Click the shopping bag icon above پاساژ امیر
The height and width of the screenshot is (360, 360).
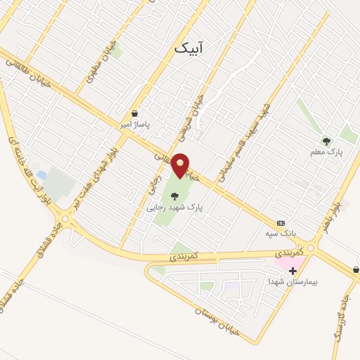tap(134, 113)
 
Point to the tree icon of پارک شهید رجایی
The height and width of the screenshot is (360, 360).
tap(174, 196)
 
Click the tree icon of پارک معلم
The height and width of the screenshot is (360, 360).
tap(326, 141)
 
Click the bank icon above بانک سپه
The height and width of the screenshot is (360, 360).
tap(280, 222)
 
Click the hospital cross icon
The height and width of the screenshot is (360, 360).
tap(292, 271)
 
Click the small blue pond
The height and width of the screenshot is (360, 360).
tap(42, 174)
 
